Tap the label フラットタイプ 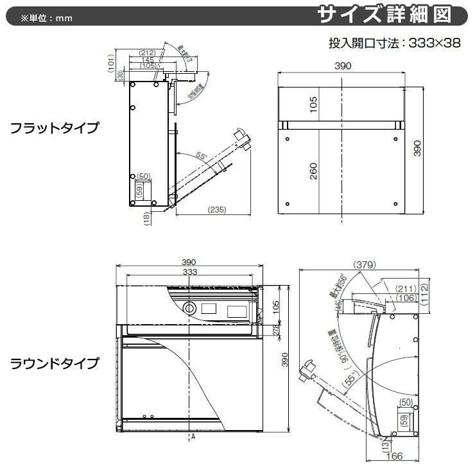[x=54, y=128]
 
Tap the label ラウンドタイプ [x=54, y=364]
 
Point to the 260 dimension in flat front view [x=314, y=171]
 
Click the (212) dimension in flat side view [x=148, y=53]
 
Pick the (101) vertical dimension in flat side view [x=111, y=61]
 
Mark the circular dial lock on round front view [x=190, y=308]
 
